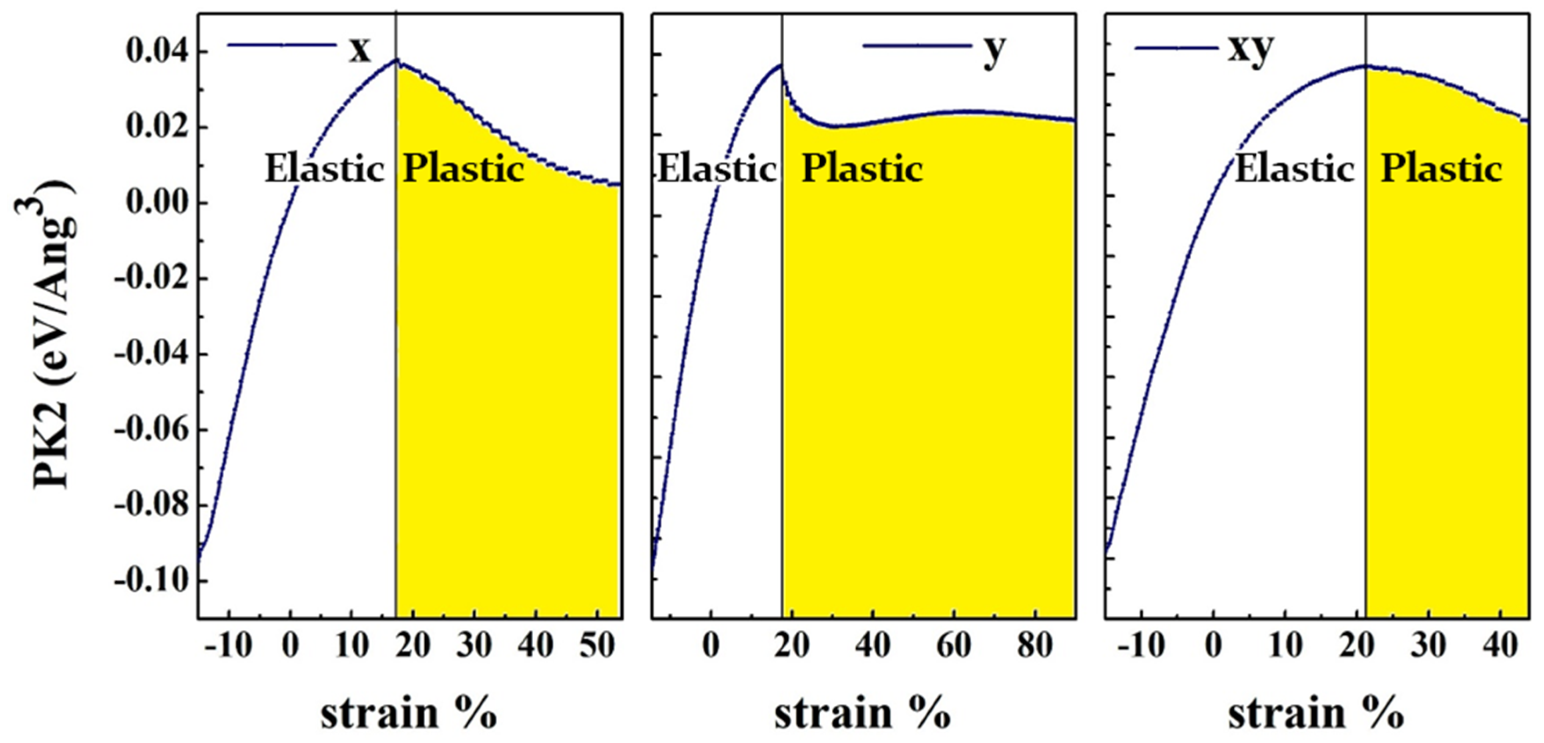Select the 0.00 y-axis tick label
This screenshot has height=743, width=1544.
coord(157,203)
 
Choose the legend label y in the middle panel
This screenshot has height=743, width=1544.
coord(994,50)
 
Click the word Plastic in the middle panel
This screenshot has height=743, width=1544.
coord(862,169)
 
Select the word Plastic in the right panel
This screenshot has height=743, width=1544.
coord(1441,169)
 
